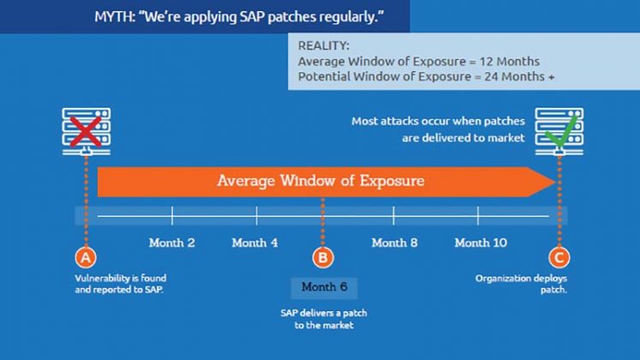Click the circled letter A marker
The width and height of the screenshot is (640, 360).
click(x=86, y=257)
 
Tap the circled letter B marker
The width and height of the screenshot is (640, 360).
click(x=323, y=257)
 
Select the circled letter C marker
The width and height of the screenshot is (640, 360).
click(x=559, y=257)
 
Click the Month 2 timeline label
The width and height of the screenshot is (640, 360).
click(x=172, y=243)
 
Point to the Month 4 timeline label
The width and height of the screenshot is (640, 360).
click(x=254, y=243)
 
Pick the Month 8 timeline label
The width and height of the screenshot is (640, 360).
click(x=394, y=243)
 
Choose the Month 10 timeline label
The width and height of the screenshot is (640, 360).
click(x=481, y=243)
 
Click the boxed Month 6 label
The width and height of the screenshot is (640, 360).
click(x=324, y=287)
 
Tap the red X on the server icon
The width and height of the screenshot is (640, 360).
click(x=86, y=131)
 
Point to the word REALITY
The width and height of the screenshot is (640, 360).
click(x=323, y=45)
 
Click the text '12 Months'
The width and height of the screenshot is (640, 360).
click(x=510, y=62)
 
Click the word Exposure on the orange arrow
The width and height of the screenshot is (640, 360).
click(x=392, y=181)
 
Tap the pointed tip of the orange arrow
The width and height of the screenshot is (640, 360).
click(x=555, y=182)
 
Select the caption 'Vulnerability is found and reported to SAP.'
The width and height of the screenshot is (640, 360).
click(x=121, y=284)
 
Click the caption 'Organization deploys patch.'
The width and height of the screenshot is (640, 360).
click(x=521, y=284)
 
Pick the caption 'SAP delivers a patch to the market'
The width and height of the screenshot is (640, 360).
click(x=324, y=319)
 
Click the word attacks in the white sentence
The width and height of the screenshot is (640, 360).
click(x=402, y=121)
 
